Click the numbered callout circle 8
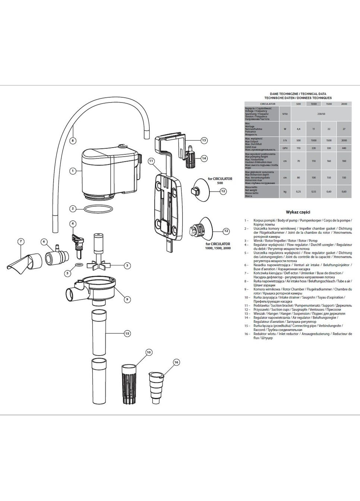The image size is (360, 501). [x=73, y=141]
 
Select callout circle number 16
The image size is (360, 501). [x=176, y=362]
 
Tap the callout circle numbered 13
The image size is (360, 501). [x=204, y=141]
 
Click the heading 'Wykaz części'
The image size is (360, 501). [x=298, y=212]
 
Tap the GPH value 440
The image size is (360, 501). [x=344, y=148]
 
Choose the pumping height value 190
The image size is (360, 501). [x=344, y=161]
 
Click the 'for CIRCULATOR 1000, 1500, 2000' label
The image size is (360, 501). [x=218, y=246]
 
